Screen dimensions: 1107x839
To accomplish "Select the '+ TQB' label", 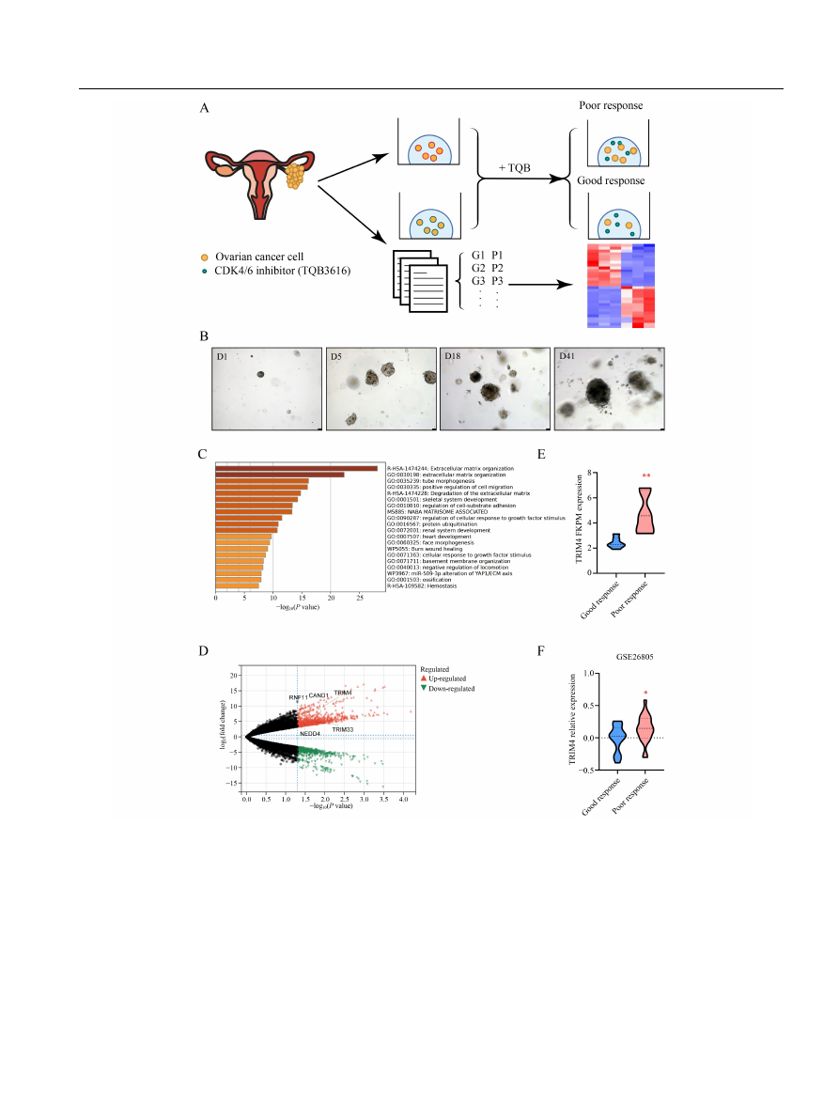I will [514, 166].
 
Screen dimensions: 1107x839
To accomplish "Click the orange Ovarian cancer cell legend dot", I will [206, 257].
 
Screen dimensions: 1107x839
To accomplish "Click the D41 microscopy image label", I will [567, 357].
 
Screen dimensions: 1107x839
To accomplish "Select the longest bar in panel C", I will [296, 468].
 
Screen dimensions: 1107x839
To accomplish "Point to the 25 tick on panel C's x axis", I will [360, 597].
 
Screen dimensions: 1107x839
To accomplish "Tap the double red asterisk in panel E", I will [645, 476].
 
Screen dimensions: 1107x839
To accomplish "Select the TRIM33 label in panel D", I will [342, 729].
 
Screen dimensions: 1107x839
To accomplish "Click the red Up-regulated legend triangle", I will [424, 678].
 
